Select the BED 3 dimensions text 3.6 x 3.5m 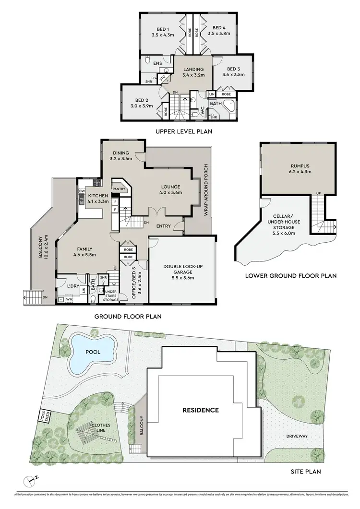click(233, 75)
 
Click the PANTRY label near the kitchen click(119, 189)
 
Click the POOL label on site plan click(92, 351)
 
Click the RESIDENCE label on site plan click(200, 410)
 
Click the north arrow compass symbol click(32, 479)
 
